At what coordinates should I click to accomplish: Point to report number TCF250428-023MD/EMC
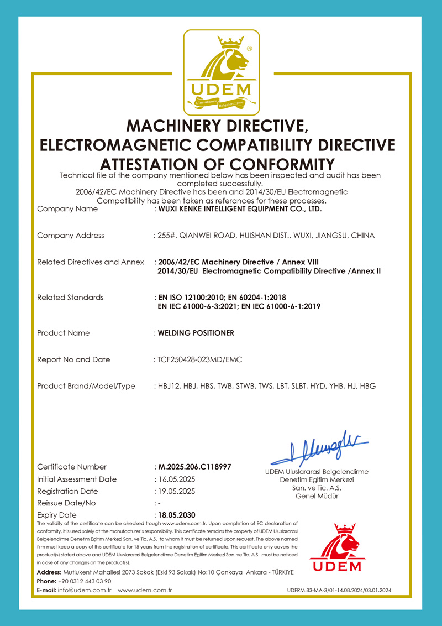(x=199, y=359)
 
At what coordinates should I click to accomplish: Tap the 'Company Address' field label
(x=70, y=236)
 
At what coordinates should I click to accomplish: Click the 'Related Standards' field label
(x=70, y=298)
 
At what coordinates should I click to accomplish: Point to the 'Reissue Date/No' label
(x=66, y=503)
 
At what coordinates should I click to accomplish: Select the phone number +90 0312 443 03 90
(x=85, y=581)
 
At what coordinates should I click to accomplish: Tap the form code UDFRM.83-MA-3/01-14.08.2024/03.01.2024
(x=339, y=591)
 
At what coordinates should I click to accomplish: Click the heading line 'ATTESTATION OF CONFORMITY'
(x=218, y=164)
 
